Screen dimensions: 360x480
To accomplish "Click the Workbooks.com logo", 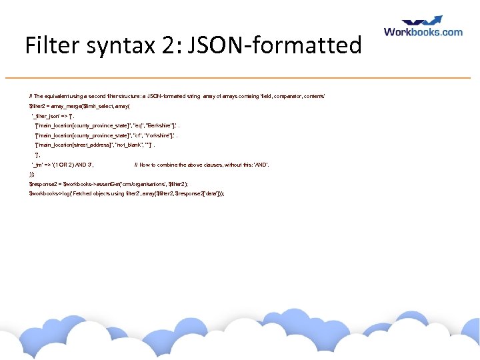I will click(423, 27).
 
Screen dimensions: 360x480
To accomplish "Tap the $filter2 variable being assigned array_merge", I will click(37, 106).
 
